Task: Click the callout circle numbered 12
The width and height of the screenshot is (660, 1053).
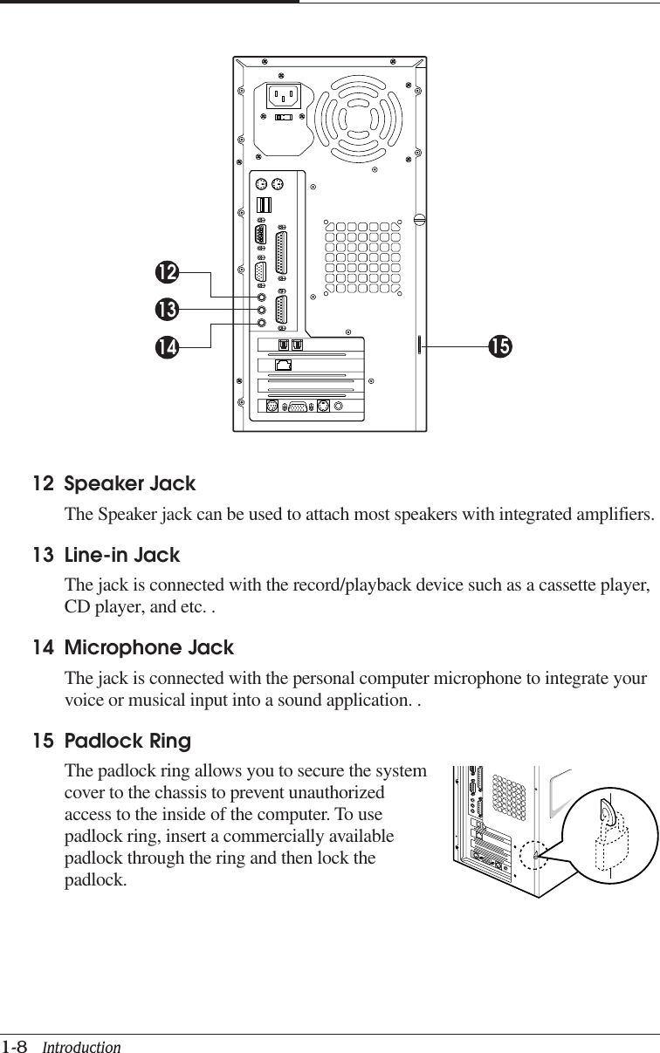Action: [x=167, y=272]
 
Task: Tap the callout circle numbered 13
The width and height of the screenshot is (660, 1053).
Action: [x=167, y=309]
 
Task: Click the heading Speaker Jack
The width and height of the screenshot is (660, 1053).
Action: [x=130, y=483]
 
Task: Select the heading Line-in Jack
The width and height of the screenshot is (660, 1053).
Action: [x=122, y=555]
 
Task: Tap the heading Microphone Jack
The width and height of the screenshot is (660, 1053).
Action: [x=149, y=648]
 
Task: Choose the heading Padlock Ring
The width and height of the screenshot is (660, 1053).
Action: [x=127, y=742]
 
